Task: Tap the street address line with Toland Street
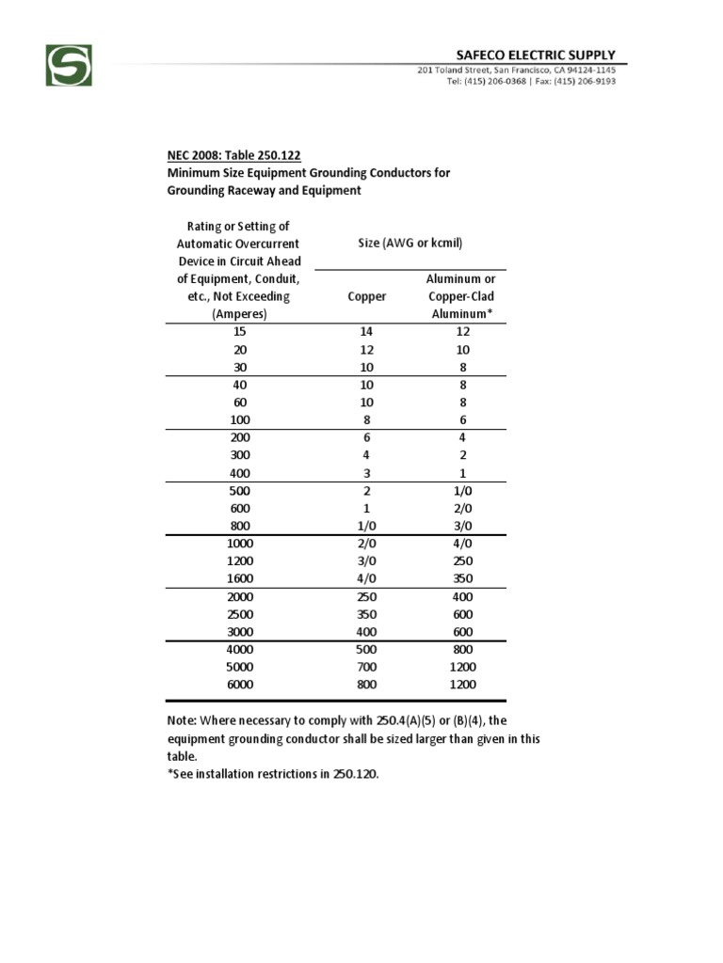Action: tap(517, 71)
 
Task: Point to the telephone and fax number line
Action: tap(531, 81)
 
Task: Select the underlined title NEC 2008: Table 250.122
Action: tap(234, 155)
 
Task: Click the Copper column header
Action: tap(366, 296)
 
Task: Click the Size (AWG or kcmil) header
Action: tap(410, 243)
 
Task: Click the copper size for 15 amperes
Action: tap(366, 331)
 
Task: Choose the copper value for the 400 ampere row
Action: tap(366, 473)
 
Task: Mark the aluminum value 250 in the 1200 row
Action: tap(462, 561)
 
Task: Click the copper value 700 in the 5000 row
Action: tap(366, 667)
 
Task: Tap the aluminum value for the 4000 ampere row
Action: tap(462, 650)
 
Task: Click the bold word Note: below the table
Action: tap(182, 720)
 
